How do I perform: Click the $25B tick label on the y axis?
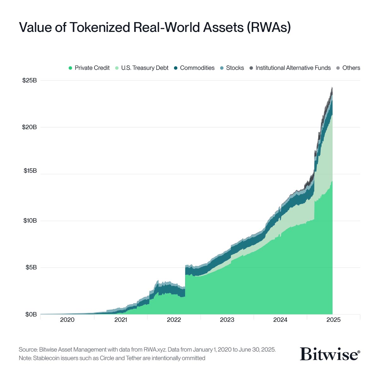pos(29,81)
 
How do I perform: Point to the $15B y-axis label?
pos(30,171)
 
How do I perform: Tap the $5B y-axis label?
pos(31,268)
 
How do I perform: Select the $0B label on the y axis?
pos(31,315)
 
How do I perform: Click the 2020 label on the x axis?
pos(67,320)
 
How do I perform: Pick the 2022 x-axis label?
pos(174,320)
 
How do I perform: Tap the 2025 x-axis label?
pos(334,320)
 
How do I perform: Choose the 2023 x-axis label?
pos(227,320)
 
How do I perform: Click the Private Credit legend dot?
pos(70,68)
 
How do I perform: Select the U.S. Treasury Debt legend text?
pos(145,68)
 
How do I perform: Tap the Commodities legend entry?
pos(197,68)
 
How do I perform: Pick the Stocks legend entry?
pos(235,68)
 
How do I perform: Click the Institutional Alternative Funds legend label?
pos(293,68)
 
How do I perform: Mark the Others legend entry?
pos(351,68)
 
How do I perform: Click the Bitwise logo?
pos(330,354)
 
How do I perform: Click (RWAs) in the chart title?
pos(268,27)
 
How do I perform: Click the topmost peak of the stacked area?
pos(332,87)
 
